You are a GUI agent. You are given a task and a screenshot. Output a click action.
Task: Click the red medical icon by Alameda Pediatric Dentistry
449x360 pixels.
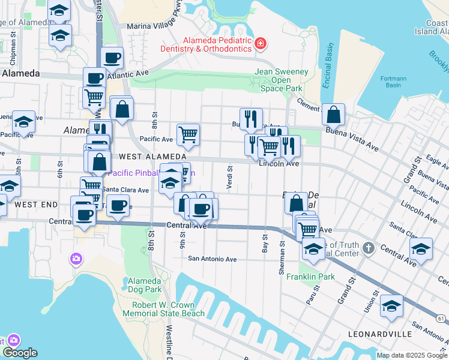coord(261,43)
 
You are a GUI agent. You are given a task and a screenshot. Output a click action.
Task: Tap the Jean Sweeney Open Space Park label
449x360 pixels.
coord(282,80)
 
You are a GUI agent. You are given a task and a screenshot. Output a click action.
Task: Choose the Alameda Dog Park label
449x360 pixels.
coord(145,285)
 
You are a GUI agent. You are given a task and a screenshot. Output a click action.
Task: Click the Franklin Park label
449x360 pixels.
coord(310,277)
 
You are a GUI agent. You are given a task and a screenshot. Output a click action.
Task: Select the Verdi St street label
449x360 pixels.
coord(229,178)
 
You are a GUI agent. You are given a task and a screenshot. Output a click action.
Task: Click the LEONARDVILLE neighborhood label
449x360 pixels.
coord(380,334)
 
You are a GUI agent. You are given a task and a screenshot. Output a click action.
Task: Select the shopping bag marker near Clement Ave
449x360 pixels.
coord(333,113)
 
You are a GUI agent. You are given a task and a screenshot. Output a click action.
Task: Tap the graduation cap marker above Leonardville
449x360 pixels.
coord(392,306)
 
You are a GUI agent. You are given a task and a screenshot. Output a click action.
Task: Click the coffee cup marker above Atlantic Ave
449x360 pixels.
coord(112,58)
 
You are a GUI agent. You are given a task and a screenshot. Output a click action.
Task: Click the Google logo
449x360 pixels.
coord(19,353)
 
